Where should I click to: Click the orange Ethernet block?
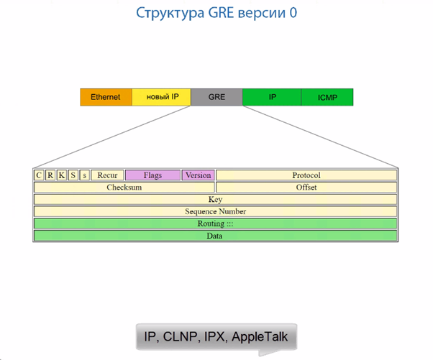pos(106,97)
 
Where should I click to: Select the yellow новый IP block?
pos(162,97)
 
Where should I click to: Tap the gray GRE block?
pos(216,97)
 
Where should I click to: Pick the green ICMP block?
pos(327,97)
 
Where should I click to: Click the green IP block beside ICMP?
pos(272,97)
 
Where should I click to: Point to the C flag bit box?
pos(39,175)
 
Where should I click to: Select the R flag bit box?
pos(50,175)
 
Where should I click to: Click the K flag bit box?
pos(62,175)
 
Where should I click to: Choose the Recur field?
pos(107,175)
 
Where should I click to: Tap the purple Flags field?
pos(152,175)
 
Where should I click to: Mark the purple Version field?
pos(198,175)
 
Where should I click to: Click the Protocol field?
pos(306,175)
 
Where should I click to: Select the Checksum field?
pos(124,188)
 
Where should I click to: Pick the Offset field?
pos(306,188)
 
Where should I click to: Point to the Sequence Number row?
pos(215,212)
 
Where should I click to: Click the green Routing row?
pos(215,224)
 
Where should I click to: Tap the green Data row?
pos(215,236)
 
